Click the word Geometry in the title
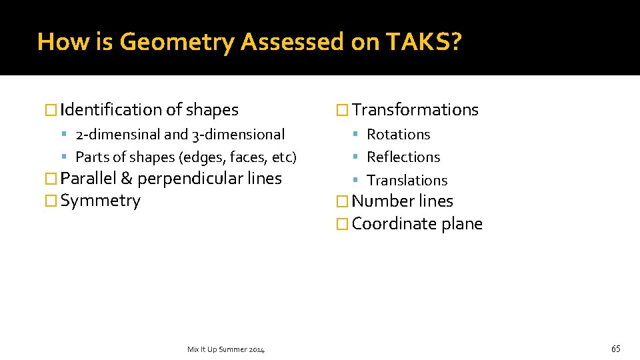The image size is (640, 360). [177, 42]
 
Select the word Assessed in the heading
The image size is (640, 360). [291, 42]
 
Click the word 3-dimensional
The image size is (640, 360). [238, 135]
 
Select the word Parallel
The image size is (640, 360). [88, 179]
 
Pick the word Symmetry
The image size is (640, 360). [101, 201]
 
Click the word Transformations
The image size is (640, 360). [415, 110]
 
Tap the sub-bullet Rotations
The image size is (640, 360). [399, 135]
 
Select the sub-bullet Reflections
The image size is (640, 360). [403, 157]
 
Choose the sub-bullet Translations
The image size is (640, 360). [407, 180]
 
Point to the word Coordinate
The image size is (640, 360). [394, 224]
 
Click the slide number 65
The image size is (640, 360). [615, 349]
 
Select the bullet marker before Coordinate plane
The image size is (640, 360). [343, 225]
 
